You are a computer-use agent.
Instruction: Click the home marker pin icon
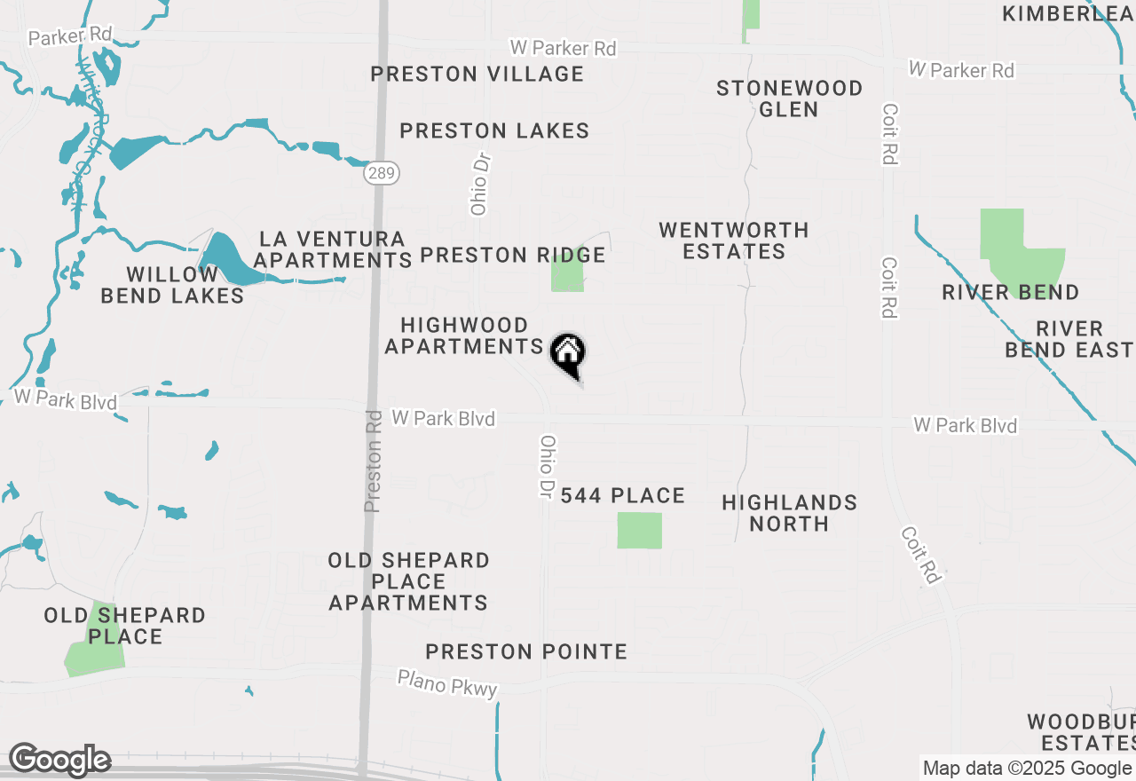pos(568,354)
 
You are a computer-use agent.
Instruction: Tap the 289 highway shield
pos(381,173)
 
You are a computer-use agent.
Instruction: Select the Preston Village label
pos(477,74)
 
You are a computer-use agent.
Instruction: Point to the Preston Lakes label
pos(494,130)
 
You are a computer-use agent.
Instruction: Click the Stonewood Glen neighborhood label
pos(789,99)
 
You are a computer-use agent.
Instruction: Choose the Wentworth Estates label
pos(734,241)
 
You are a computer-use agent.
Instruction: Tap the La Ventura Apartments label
pos(332,249)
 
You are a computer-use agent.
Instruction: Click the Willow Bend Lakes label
pos(172,285)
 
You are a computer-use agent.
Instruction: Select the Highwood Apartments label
pos(464,335)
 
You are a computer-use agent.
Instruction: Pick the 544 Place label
pos(623,495)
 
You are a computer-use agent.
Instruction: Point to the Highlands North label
pos(789,513)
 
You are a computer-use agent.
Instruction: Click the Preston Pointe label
pos(526,651)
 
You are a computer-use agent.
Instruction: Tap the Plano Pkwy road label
pos(447,683)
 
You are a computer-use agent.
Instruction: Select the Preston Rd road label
pos(374,461)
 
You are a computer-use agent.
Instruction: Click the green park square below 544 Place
pos(640,530)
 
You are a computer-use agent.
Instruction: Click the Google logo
pos(59,760)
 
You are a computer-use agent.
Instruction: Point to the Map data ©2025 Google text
pos(1027,769)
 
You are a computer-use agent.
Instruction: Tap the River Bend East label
pos(1068,339)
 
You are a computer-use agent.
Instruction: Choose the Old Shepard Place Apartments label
pos(408,581)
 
